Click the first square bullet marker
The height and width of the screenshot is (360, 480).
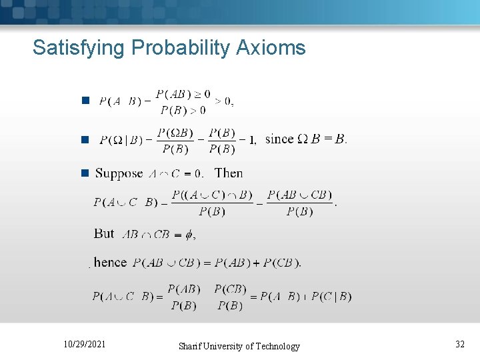(85, 101)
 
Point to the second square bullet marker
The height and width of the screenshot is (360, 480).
(85, 139)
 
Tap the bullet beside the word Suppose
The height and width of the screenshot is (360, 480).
(85, 173)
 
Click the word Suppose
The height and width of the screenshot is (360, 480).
(119, 173)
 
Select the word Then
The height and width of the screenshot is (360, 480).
(229, 173)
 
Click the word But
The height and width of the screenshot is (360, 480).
(104, 233)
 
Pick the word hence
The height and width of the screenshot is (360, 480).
(110, 262)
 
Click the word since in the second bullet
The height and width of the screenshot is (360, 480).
(279, 139)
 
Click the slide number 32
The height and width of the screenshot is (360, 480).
(460, 345)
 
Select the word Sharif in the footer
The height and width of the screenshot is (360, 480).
(193, 346)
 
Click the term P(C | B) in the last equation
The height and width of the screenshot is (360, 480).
(331, 296)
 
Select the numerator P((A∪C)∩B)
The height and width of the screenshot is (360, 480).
(212, 195)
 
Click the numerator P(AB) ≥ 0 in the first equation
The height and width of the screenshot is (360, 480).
(183, 94)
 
